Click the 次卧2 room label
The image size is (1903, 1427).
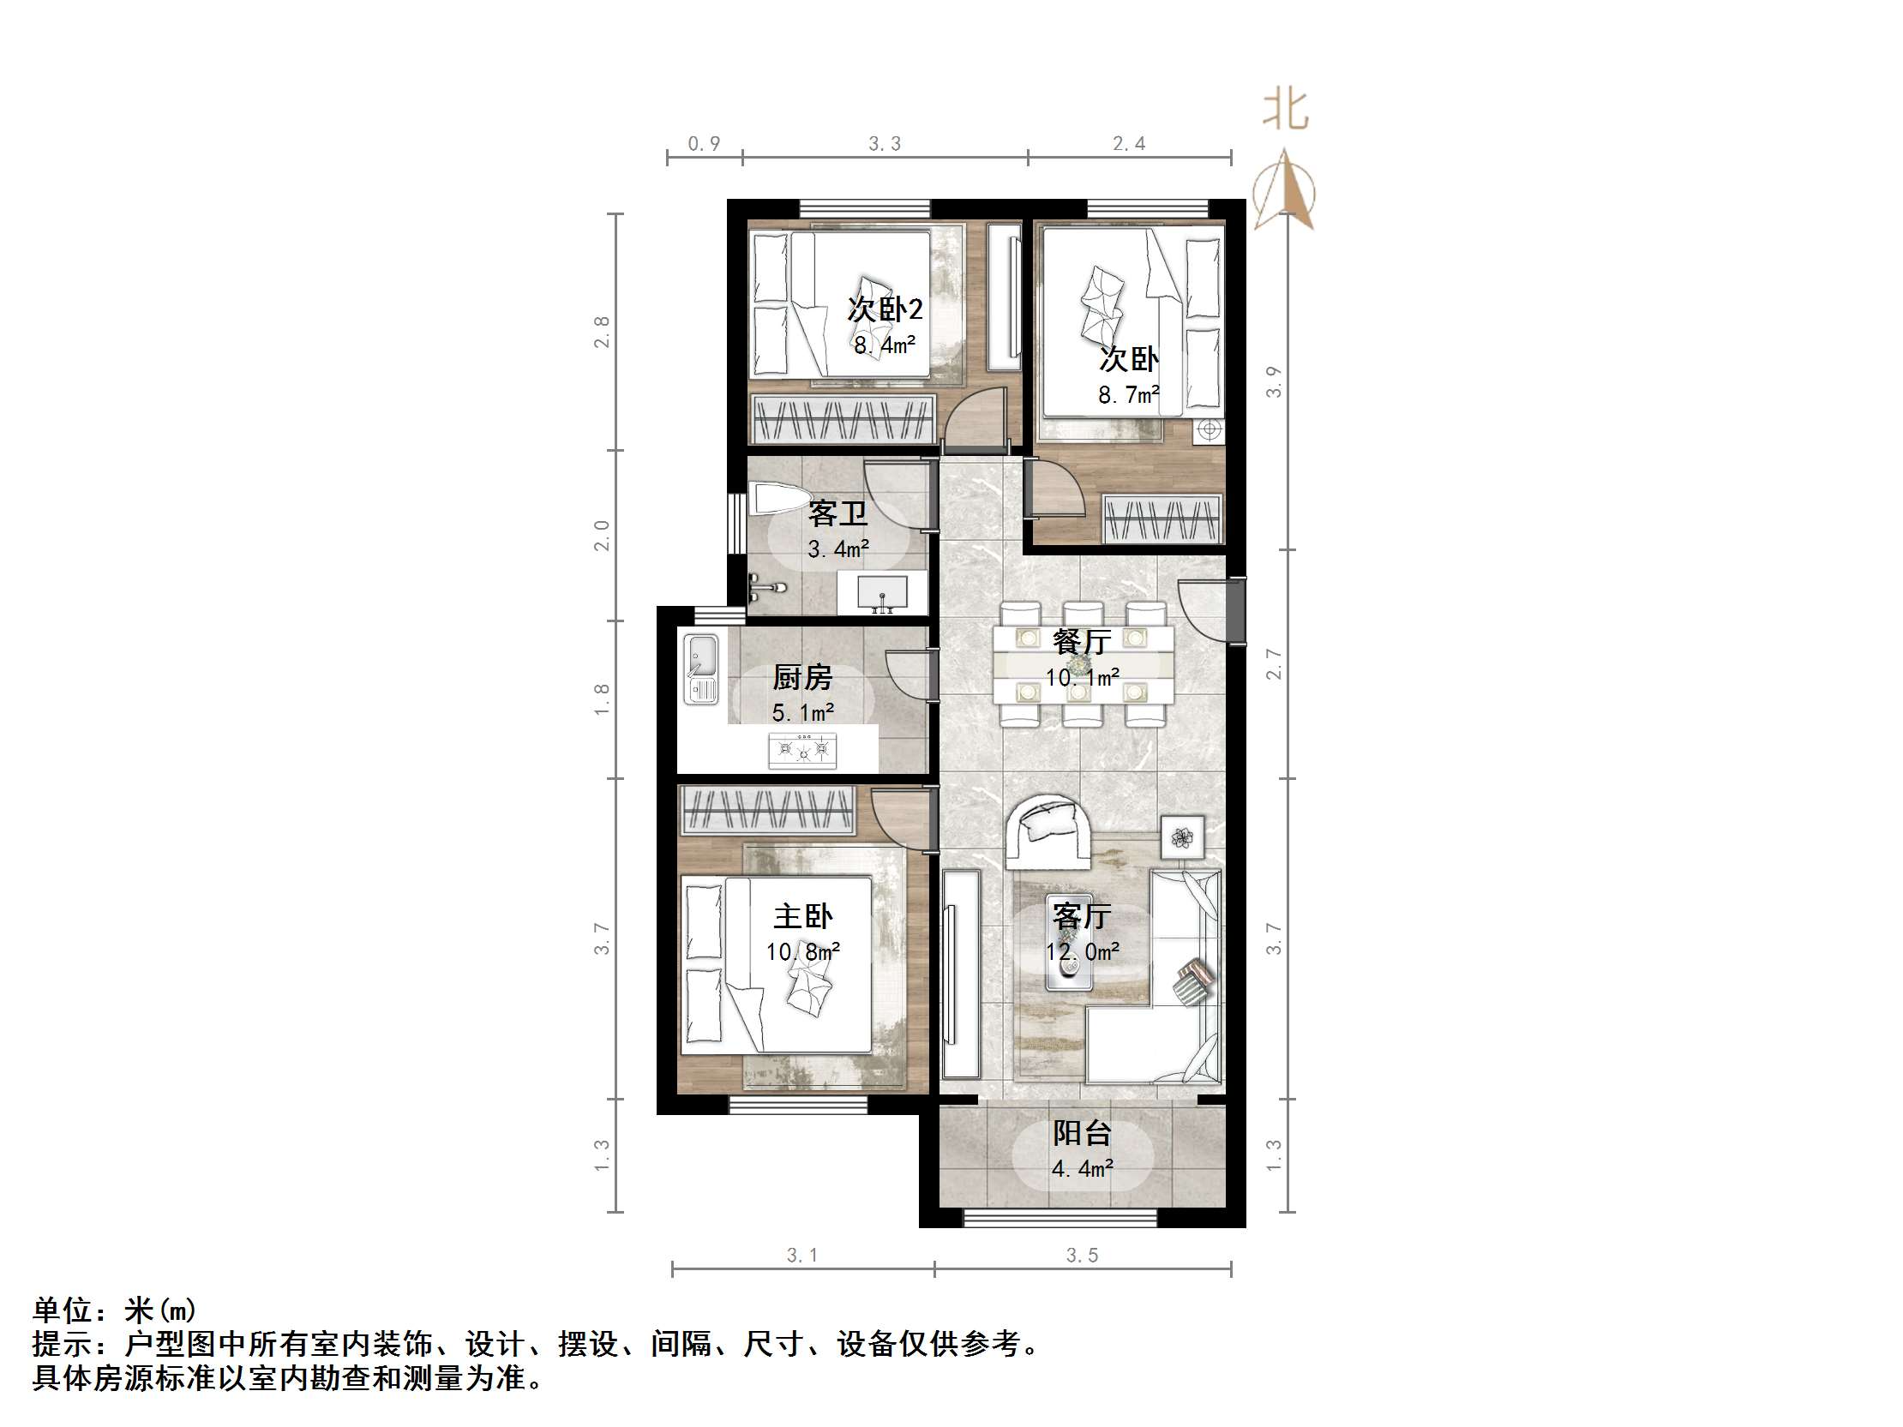[x=885, y=309]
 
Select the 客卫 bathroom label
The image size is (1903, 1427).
[x=838, y=513]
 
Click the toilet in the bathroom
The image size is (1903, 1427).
[x=778, y=498]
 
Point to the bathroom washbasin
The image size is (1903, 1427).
[x=883, y=592]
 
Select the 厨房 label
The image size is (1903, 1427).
[x=802, y=678]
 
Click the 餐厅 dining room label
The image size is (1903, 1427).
[x=1082, y=642]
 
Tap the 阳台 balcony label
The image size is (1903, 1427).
[x=1083, y=1133]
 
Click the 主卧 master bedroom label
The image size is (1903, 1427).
[x=802, y=916]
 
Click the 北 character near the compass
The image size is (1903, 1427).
[x=1285, y=111]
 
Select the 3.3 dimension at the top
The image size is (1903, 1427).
[x=885, y=144]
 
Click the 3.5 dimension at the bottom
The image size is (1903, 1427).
[x=1083, y=1255]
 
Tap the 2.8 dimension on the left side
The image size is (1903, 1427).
[x=602, y=332]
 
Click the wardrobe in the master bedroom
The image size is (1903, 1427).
[x=767, y=809]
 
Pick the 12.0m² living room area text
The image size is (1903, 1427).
[x=1083, y=951]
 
